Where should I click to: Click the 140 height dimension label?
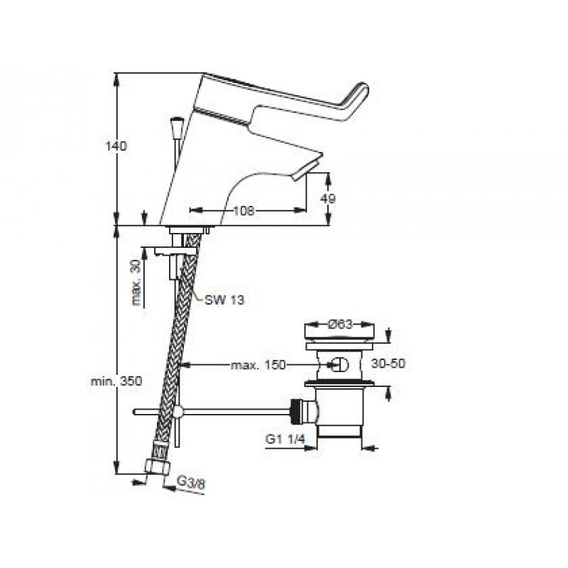[x=116, y=146]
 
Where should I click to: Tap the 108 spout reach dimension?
[x=244, y=210]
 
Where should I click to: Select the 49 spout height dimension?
[x=328, y=198]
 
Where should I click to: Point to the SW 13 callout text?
[x=224, y=300]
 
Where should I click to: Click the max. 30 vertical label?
[x=136, y=283]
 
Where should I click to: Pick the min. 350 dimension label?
[x=116, y=381]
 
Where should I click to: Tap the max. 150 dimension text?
[x=258, y=365]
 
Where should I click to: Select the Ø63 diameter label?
[x=340, y=324]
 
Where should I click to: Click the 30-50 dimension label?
[x=388, y=364]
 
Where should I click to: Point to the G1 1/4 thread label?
[x=285, y=439]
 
